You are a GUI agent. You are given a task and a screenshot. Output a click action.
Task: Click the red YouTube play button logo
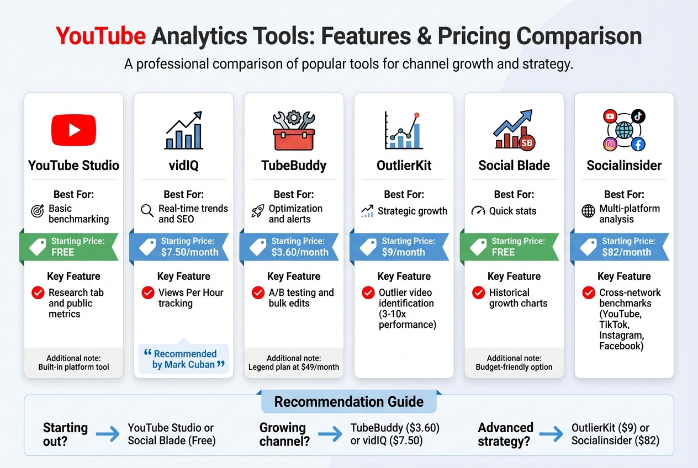pyautogui.click(x=73, y=130)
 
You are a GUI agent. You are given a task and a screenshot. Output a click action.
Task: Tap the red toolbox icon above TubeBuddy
pyautogui.click(x=294, y=132)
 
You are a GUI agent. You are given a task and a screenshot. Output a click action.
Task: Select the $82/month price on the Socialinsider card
pyautogui.click(x=626, y=252)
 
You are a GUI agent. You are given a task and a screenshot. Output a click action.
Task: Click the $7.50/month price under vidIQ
pyautogui.click(x=190, y=252)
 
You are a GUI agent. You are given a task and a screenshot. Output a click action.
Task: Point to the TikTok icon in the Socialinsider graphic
pyautogui.click(x=638, y=116)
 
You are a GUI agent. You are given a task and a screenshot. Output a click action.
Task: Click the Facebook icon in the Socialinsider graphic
pyautogui.click(x=638, y=145)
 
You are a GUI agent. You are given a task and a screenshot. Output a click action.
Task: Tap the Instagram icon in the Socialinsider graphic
pyautogui.click(x=610, y=145)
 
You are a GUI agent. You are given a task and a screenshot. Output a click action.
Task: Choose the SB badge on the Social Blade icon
pyautogui.click(x=527, y=143)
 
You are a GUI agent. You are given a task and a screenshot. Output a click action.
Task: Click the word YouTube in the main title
pyautogui.click(x=101, y=36)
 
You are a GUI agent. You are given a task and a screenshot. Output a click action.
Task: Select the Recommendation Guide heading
pyautogui.click(x=349, y=401)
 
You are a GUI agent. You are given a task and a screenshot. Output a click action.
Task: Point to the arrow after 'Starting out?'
pyautogui.click(x=108, y=434)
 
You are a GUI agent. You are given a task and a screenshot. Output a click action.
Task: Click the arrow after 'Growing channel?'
pyautogui.click(x=330, y=434)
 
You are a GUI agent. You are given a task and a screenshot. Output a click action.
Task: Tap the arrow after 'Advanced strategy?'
pyautogui.click(x=551, y=434)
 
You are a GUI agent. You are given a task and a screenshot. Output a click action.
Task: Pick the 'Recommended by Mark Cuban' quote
pyautogui.click(x=184, y=359)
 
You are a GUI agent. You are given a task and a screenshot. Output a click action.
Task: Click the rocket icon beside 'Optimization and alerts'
pyautogui.click(x=257, y=211)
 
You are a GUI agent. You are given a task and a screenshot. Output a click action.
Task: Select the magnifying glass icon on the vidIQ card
pyautogui.click(x=147, y=211)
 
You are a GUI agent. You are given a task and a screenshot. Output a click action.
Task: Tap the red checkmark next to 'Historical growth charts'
pyautogui.click(x=479, y=292)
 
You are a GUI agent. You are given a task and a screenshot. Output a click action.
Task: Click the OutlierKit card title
pyautogui.click(x=404, y=166)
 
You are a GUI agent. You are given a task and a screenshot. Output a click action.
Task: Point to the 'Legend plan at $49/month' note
pyautogui.click(x=294, y=367)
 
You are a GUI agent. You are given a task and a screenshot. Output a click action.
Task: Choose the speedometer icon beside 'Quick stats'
pyautogui.click(x=478, y=211)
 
